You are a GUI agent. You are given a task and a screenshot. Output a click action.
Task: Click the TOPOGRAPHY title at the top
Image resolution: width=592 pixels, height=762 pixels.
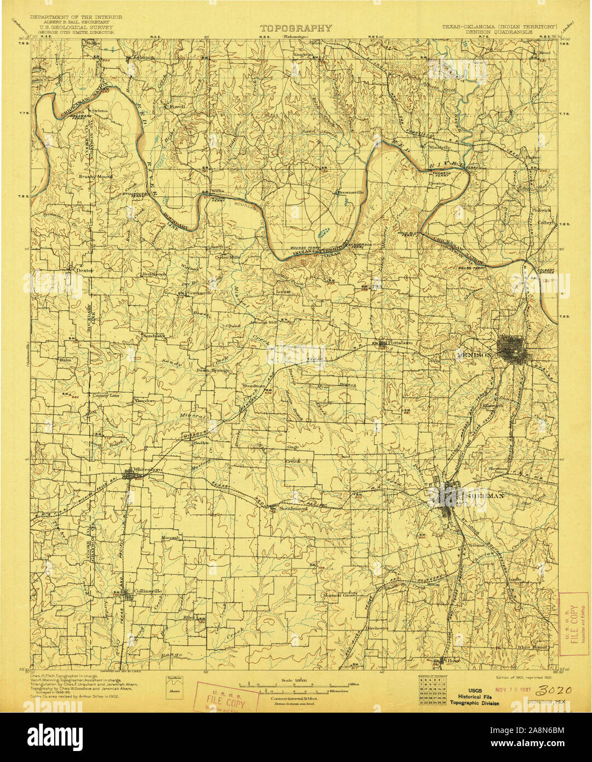click(x=296, y=29)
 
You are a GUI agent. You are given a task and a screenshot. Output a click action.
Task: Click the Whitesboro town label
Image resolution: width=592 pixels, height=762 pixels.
click(x=147, y=470)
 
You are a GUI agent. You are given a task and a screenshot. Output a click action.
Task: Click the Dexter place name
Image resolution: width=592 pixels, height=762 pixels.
click(x=85, y=270)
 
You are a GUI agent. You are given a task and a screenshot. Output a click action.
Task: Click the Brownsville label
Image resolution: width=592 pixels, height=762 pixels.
click(x=350, y=192)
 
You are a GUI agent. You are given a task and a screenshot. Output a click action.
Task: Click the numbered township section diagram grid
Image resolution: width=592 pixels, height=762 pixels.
click(x=430, y=692)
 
